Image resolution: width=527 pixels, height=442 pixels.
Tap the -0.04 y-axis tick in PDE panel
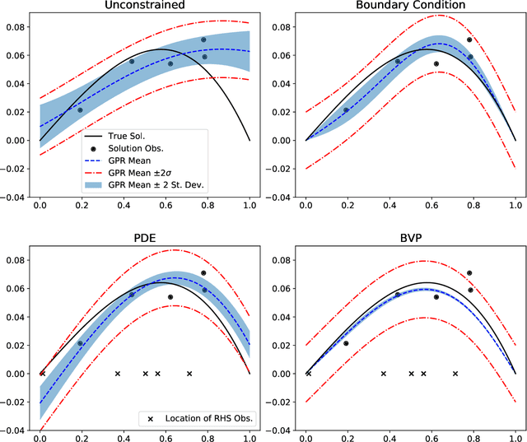(x=14, y=429)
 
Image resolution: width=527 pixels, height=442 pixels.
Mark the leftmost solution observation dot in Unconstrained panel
(x=80, y=109)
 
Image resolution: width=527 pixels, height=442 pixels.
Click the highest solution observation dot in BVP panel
(x=469, y=273)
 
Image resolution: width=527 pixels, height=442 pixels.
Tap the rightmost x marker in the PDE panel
(x=189, y=374)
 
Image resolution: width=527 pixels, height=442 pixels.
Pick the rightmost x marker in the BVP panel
(x=455, y=374)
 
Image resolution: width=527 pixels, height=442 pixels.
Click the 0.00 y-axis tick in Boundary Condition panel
(x=284, y=140)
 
